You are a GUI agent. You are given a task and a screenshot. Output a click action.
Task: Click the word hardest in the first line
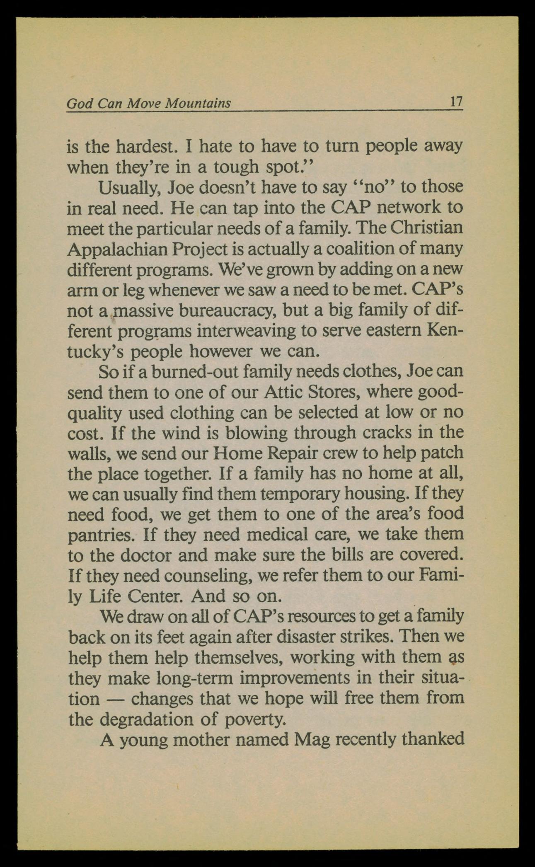tap(143, 146)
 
